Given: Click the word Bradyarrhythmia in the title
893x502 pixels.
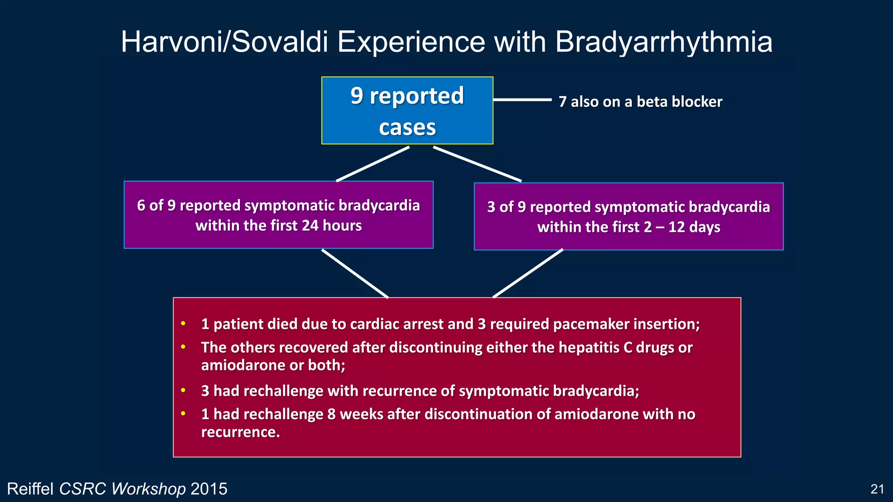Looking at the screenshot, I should coord(663,42).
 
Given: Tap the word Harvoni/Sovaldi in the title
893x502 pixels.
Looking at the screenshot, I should coord(224,42).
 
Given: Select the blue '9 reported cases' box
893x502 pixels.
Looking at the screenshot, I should coord(407,111).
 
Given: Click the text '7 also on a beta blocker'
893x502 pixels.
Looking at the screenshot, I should coord(640,102).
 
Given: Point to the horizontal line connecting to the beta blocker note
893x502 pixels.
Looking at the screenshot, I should coord(522,100).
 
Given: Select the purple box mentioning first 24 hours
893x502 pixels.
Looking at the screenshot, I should coord(279,215).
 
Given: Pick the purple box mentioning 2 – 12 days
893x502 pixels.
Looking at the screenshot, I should coord(628,217).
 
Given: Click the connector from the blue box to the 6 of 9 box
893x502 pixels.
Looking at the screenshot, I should coord(373,164).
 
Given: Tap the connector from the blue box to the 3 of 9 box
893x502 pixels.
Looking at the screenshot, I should coord(477,164).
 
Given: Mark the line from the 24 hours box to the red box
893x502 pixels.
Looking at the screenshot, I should coord(355,274).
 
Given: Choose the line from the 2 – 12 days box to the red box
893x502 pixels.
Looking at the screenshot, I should coord(528,274).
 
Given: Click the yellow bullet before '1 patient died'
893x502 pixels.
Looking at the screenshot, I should coord(184,324).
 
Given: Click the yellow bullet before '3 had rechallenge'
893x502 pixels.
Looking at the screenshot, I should coord(184,390).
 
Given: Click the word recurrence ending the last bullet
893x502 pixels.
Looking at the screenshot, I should coord(240,432).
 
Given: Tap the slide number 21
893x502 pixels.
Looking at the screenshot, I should coord(877,489).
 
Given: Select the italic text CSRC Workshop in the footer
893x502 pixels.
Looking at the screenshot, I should coord(123,489).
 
